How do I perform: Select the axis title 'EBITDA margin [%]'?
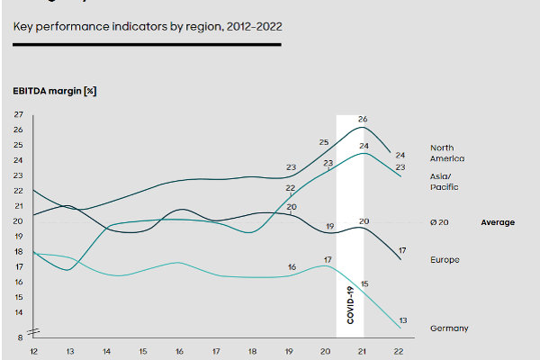pos(54,92)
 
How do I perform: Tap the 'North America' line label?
pos(446,153)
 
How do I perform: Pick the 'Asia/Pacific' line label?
pos(445,182)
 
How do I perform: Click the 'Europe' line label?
pos(445,260)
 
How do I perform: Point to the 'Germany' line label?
pos(449,328)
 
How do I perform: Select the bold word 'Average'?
pos(498,222)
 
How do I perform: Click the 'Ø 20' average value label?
pos(440,222)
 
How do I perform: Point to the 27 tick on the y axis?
pos(19,114)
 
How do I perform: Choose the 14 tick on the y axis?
pos(19,312)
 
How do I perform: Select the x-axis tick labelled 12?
pos(33,350)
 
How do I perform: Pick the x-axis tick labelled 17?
pos(216,350)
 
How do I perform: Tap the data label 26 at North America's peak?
pos(363,119)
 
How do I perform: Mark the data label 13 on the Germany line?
pos(403,320)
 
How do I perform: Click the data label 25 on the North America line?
pos(324,142)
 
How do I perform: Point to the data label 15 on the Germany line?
pos(364,283)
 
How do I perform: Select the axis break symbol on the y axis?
pos(33,329)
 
